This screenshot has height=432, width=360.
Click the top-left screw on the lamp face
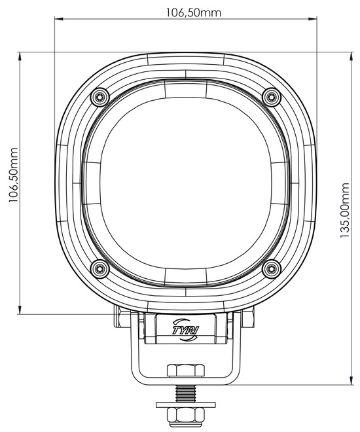(100, 97)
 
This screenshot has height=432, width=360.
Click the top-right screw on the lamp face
(272, 97)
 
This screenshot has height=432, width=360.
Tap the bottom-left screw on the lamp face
(99, 268)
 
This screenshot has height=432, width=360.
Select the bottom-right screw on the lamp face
(272, 268)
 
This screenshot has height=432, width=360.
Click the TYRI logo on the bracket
(187, 329)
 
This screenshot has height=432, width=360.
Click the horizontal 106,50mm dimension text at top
(193, 12)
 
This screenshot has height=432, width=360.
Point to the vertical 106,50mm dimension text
(14, 175)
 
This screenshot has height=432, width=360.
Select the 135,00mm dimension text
(344, 210)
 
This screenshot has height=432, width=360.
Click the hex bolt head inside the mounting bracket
(186, 370)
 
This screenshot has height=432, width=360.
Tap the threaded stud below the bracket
(186, 393)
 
